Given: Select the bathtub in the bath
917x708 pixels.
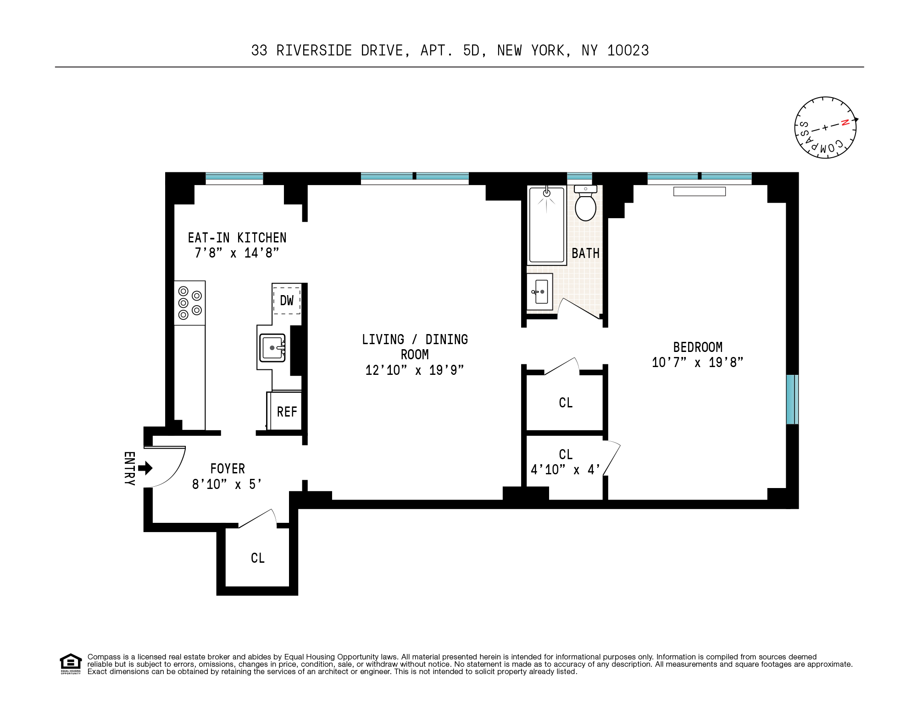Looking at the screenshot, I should (546, 225).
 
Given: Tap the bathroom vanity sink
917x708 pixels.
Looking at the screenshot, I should (540, 291).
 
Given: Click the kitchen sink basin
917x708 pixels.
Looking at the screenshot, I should (272, 348).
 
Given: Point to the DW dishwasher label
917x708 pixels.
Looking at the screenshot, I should (287, 301).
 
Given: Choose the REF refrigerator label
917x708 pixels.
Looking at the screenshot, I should (287, 412).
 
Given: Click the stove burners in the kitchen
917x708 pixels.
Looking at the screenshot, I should (189, 303).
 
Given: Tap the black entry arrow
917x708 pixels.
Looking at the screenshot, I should (145, 468).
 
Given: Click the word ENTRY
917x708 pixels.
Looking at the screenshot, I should (129, 468).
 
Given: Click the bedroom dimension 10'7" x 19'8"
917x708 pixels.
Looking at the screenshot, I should (697, 362).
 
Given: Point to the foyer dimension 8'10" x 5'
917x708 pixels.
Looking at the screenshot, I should (227, 484).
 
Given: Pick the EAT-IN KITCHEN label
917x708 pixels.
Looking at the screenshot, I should (237, 238).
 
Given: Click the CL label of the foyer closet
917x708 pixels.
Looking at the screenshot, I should (257, 558).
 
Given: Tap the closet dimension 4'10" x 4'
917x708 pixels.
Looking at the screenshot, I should (565, 470).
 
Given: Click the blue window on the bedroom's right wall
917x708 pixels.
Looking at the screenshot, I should (792, 399).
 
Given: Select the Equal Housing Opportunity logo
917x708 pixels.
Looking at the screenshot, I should (71, 664).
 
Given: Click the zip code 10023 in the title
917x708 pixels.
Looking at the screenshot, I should (628, 50).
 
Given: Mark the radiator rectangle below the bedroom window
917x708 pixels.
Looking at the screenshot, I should (699, 192).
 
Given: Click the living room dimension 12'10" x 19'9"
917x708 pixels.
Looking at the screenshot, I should (414, 370).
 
